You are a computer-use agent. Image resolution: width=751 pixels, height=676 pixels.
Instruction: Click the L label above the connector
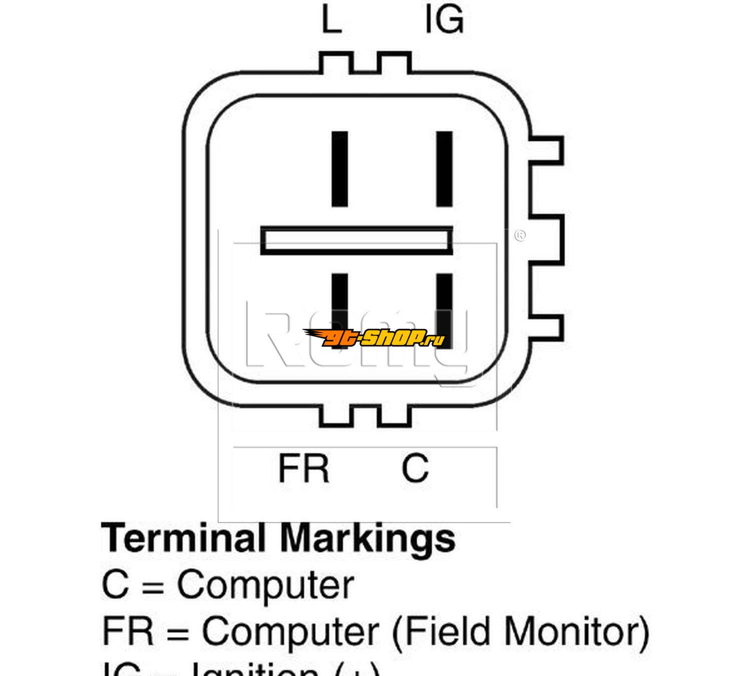[331, 20]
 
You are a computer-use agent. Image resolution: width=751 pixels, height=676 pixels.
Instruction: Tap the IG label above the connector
[444, 20]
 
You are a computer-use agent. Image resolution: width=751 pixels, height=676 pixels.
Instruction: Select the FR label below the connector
[303, 468]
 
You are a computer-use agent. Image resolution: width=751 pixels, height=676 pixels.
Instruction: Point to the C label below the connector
[415, 468]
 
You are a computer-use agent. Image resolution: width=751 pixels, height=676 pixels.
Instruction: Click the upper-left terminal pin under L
[340, 169]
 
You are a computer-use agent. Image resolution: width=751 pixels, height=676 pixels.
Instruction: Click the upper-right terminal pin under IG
[444, 169]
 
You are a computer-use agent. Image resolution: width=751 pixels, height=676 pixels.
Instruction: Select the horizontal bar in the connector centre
[356, 241]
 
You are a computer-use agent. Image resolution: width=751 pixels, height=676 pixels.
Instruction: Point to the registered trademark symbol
[520, 235]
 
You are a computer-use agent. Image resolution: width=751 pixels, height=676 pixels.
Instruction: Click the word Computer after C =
[265, 585]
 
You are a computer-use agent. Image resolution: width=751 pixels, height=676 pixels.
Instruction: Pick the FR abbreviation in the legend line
[128, 631]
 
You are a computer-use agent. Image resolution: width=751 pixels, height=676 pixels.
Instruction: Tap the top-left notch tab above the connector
[336, 62]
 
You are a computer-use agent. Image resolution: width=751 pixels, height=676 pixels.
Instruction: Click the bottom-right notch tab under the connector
[394, 416]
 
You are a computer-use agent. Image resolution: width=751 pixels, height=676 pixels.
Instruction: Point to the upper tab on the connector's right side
[547, 150]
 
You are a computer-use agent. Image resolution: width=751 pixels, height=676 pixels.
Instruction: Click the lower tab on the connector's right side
[547, 326]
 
